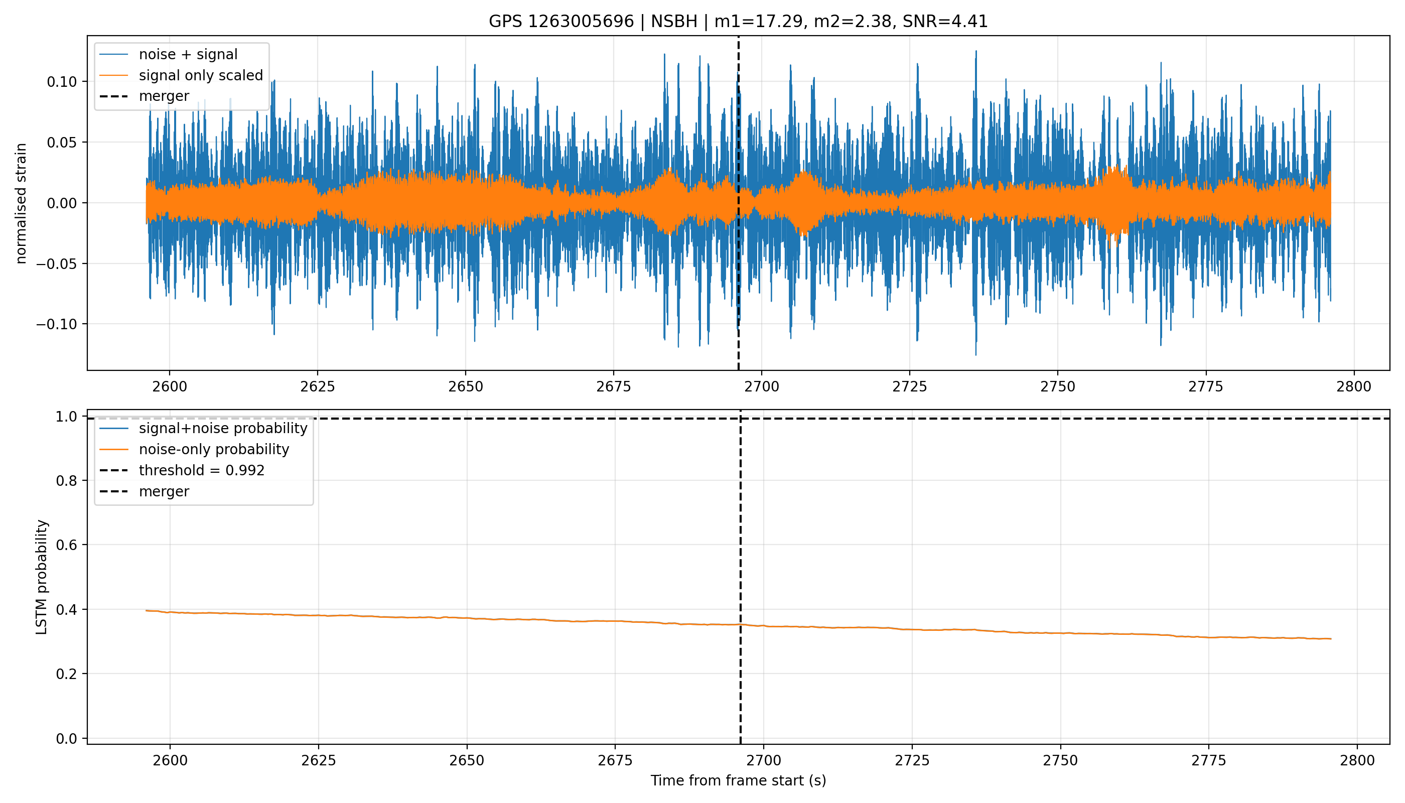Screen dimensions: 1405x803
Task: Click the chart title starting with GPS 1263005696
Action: point(738,22)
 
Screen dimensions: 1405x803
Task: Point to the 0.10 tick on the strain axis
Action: point(62,82)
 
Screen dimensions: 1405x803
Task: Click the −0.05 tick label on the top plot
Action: point(57,263)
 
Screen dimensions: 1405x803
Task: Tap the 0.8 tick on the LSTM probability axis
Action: point(67,481)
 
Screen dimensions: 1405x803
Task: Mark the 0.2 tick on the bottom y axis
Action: point(67,674)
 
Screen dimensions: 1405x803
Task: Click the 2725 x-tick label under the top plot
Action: point(910,386)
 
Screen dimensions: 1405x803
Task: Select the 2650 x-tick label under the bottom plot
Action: point(467,760)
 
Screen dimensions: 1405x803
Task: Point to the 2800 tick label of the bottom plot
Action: point(1357,760)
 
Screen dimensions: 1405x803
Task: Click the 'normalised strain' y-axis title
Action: point(21,203)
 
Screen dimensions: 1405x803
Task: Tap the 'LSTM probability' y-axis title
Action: point(42,577)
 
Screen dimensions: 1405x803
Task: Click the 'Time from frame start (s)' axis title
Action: point(738,781)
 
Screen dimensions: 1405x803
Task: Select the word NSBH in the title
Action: point(674,22)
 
